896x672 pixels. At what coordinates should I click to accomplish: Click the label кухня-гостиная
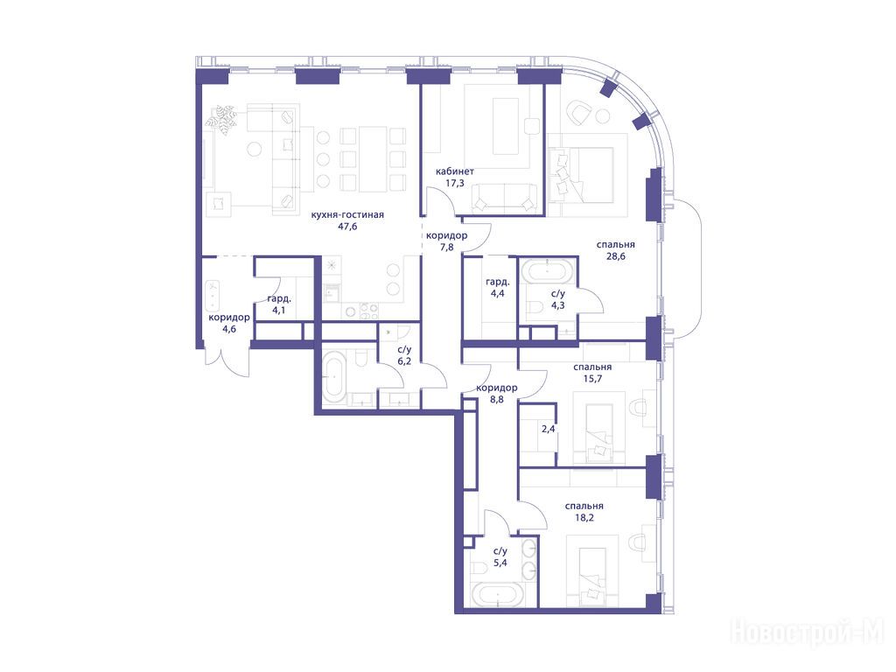(x=347, y=215)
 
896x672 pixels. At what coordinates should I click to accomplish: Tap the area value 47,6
(x=347, y=227)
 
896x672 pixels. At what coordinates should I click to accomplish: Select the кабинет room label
(x=455, y=171)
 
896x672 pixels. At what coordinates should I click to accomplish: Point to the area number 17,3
(x=455, y=184)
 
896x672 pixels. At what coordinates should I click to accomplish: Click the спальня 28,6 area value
(x=615, y=256)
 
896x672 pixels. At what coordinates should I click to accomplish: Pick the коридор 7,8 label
(x=447, y=241)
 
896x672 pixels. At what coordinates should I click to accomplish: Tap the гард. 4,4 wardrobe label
(x=498, y=288)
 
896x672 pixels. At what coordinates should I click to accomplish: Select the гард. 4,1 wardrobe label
(x=279, y=304)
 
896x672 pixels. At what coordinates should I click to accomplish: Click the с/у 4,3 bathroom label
(x=558, y=299)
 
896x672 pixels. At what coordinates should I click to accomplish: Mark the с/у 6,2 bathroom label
(x=404, y=355)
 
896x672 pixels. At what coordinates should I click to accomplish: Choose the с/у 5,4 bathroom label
(x=500, y=557)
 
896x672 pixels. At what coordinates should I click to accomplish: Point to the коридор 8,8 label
(x=497, y=394)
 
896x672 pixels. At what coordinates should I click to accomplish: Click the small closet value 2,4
(x=548, y=429)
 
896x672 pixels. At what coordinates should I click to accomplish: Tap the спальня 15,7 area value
(x=592, y=379)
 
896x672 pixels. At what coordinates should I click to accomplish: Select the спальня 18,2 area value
(x=584, y=518)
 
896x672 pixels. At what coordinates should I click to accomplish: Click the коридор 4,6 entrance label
(x=229, y=323)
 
